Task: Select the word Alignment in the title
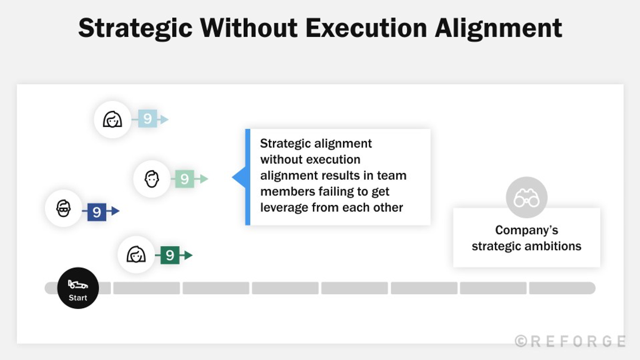[x=498, y=28]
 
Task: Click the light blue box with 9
[x=147, y=119]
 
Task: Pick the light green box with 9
[x=184, y=179]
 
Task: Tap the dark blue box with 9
[x=97, y=212]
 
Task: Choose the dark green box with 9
[x=170, y=255]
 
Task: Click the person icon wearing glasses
[x=63, y=208]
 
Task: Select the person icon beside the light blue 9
[x=112, y=119]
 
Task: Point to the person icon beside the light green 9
[x=151, y=179]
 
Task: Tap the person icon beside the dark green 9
[x=136, y=254]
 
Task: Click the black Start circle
[x=78, y=288]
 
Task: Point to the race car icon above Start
[x=78, y=284]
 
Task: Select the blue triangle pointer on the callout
[x=238, y=177]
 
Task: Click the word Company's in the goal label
[x=526, y=230]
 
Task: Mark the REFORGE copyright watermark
[x=570, y=341]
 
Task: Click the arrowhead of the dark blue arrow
[x=115, y=211]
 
